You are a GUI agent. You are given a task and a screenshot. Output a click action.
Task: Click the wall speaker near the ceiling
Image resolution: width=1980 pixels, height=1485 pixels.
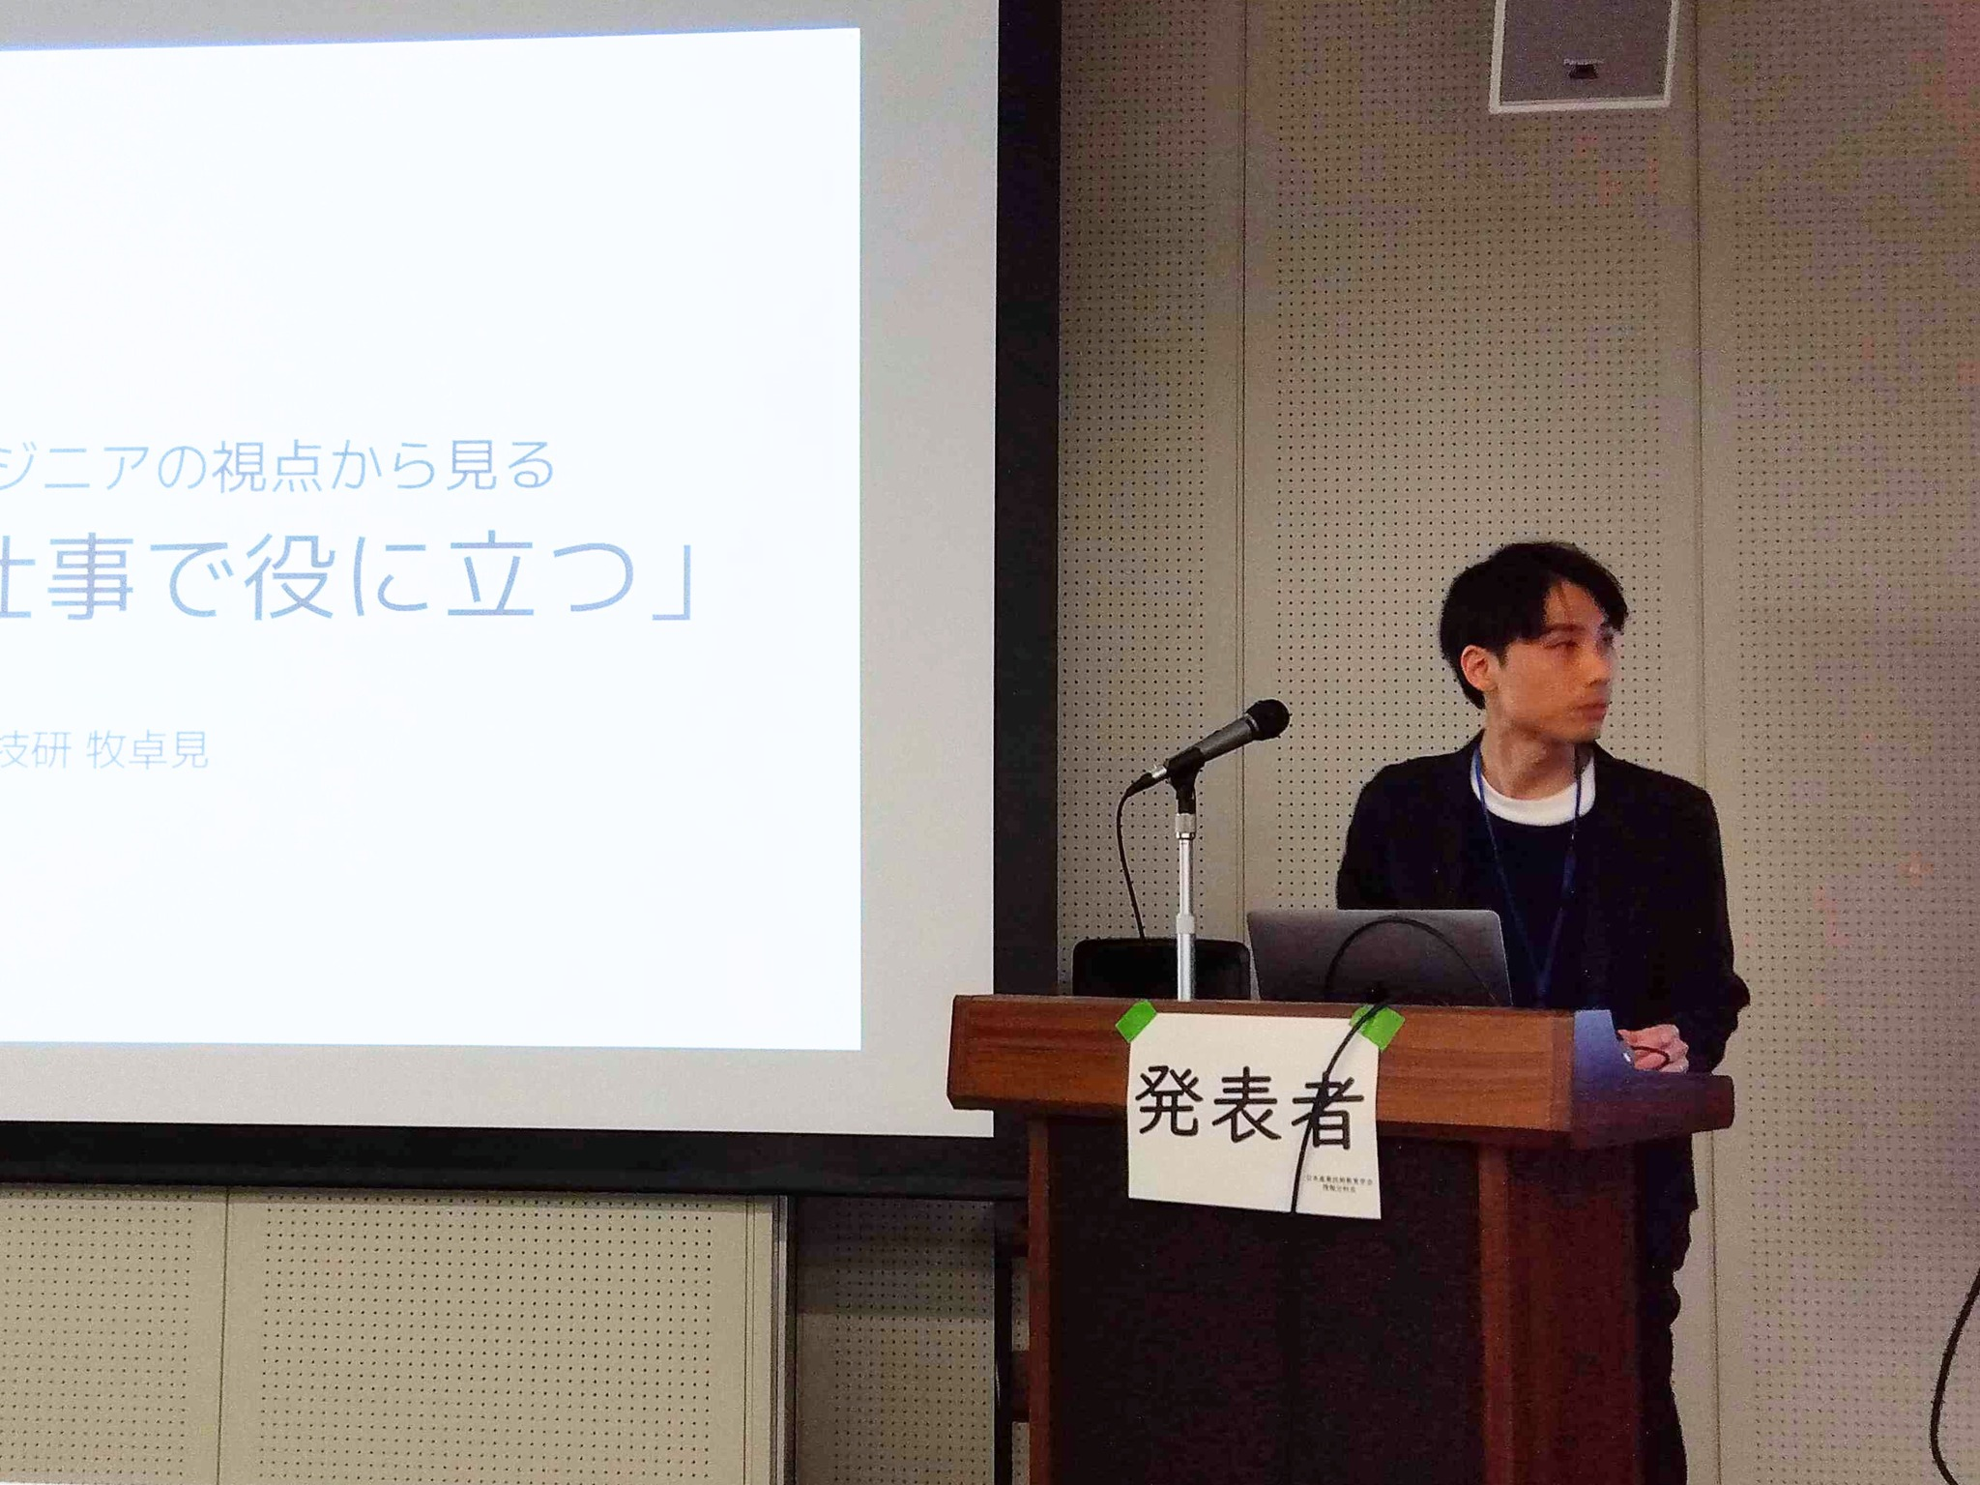1582,52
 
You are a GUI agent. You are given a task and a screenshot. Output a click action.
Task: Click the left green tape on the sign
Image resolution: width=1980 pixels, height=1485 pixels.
1137,1021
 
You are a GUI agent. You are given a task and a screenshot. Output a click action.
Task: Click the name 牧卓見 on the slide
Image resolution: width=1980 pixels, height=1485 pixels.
147,750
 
